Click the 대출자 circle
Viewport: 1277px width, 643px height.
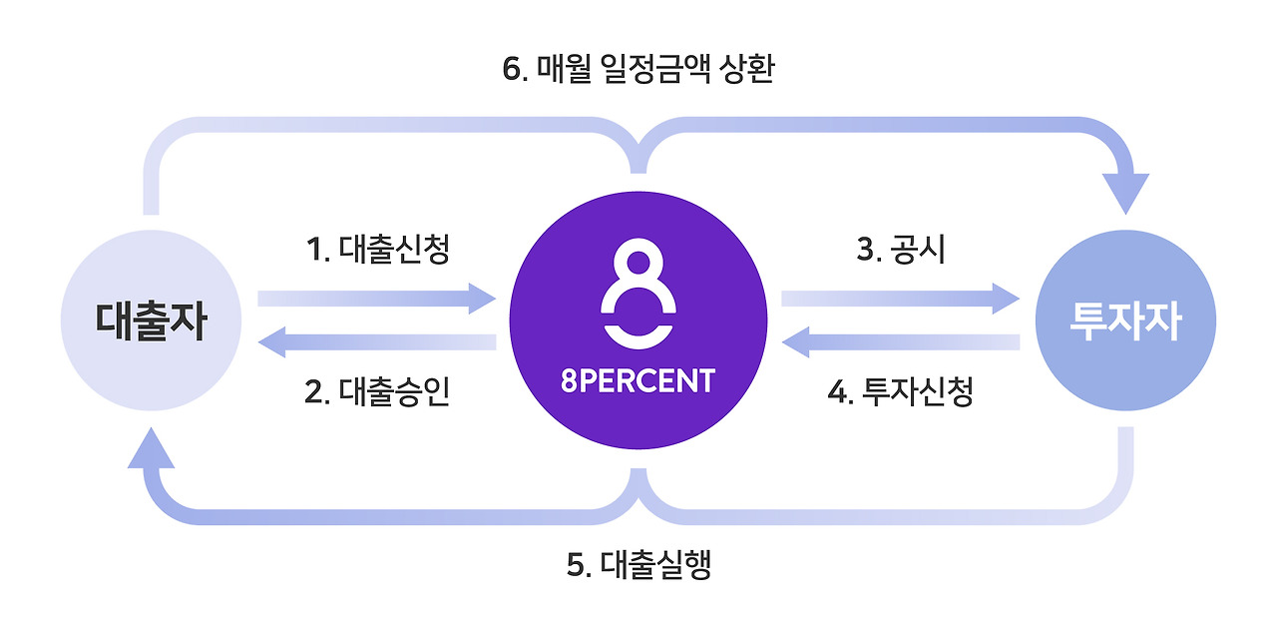pos(151,321)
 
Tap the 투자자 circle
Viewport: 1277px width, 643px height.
pos(1125,321)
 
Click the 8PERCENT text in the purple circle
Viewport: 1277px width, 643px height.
pos(638,381)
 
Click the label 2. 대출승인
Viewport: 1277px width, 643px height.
pos(377,392)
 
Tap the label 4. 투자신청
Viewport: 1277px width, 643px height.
pos(900,392)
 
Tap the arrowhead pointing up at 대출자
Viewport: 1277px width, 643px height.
pos(152,452)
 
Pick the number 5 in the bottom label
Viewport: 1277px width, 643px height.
pos(576,565)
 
